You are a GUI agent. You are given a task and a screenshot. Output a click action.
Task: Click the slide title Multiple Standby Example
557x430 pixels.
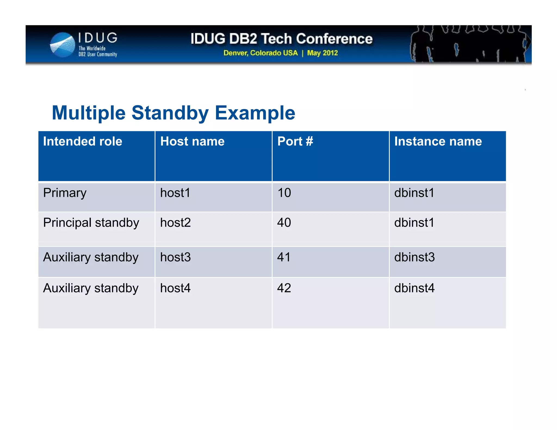pos(173,113)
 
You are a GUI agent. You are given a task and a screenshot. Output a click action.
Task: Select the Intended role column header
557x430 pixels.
pos(83,142)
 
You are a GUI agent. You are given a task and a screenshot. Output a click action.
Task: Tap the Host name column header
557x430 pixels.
pos(192,142)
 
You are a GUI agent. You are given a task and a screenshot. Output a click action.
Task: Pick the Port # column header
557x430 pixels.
pos(295,142)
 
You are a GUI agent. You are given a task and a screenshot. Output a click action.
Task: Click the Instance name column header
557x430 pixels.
pos(438,142)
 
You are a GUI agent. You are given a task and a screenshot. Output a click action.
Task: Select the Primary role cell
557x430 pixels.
pos(65,193)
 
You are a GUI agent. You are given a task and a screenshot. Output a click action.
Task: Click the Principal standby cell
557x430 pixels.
pos(91,223)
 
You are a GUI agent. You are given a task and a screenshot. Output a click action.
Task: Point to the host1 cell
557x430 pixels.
pos(175,193)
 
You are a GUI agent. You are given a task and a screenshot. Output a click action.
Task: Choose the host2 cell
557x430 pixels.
pos(175,223)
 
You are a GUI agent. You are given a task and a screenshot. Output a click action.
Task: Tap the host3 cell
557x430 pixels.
pos(175,257)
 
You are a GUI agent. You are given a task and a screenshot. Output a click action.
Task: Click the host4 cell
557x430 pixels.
pos(175,288)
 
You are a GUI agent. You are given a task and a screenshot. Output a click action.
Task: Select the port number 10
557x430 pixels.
pos(284,193)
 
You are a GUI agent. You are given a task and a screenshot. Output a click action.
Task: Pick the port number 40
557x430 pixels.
pos(284,223)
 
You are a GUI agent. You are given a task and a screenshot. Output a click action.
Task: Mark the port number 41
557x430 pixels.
pos(284,257)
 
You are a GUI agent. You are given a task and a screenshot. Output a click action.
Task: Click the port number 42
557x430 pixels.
pos(284,288)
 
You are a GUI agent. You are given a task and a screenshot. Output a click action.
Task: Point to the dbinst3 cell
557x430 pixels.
pos(414,257)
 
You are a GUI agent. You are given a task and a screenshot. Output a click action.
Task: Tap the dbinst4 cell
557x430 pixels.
pos(414,288)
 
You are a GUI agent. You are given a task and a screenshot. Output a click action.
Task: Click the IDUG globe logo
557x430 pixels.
pos(63,45)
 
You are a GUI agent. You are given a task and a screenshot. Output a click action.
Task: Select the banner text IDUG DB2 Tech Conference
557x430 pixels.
pos(281,39)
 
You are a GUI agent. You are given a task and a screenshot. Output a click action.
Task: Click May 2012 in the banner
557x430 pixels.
pos(322,53)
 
